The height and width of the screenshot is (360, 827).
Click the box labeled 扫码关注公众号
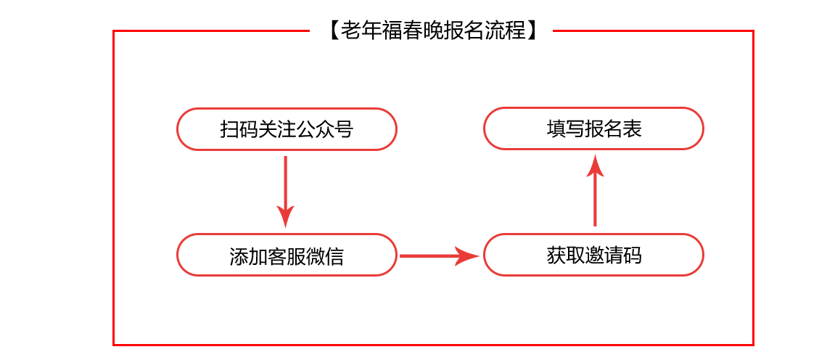pyautogui.click(x=287, y=128)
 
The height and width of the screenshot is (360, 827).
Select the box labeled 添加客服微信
pyautogui.click(x=287, y=255)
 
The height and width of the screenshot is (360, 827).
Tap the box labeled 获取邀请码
pyautogui.click(x=594, y=255)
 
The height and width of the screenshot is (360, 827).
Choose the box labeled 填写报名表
pyautogui.click(x=594, y=128)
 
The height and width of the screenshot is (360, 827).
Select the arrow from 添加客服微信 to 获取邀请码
pyautogui.click(x=440, y=256)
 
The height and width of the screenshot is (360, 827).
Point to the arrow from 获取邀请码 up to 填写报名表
pyautogui.click(x=595, y=191)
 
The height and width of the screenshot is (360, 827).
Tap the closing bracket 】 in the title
pyautogui.click(x=532, y=30)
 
